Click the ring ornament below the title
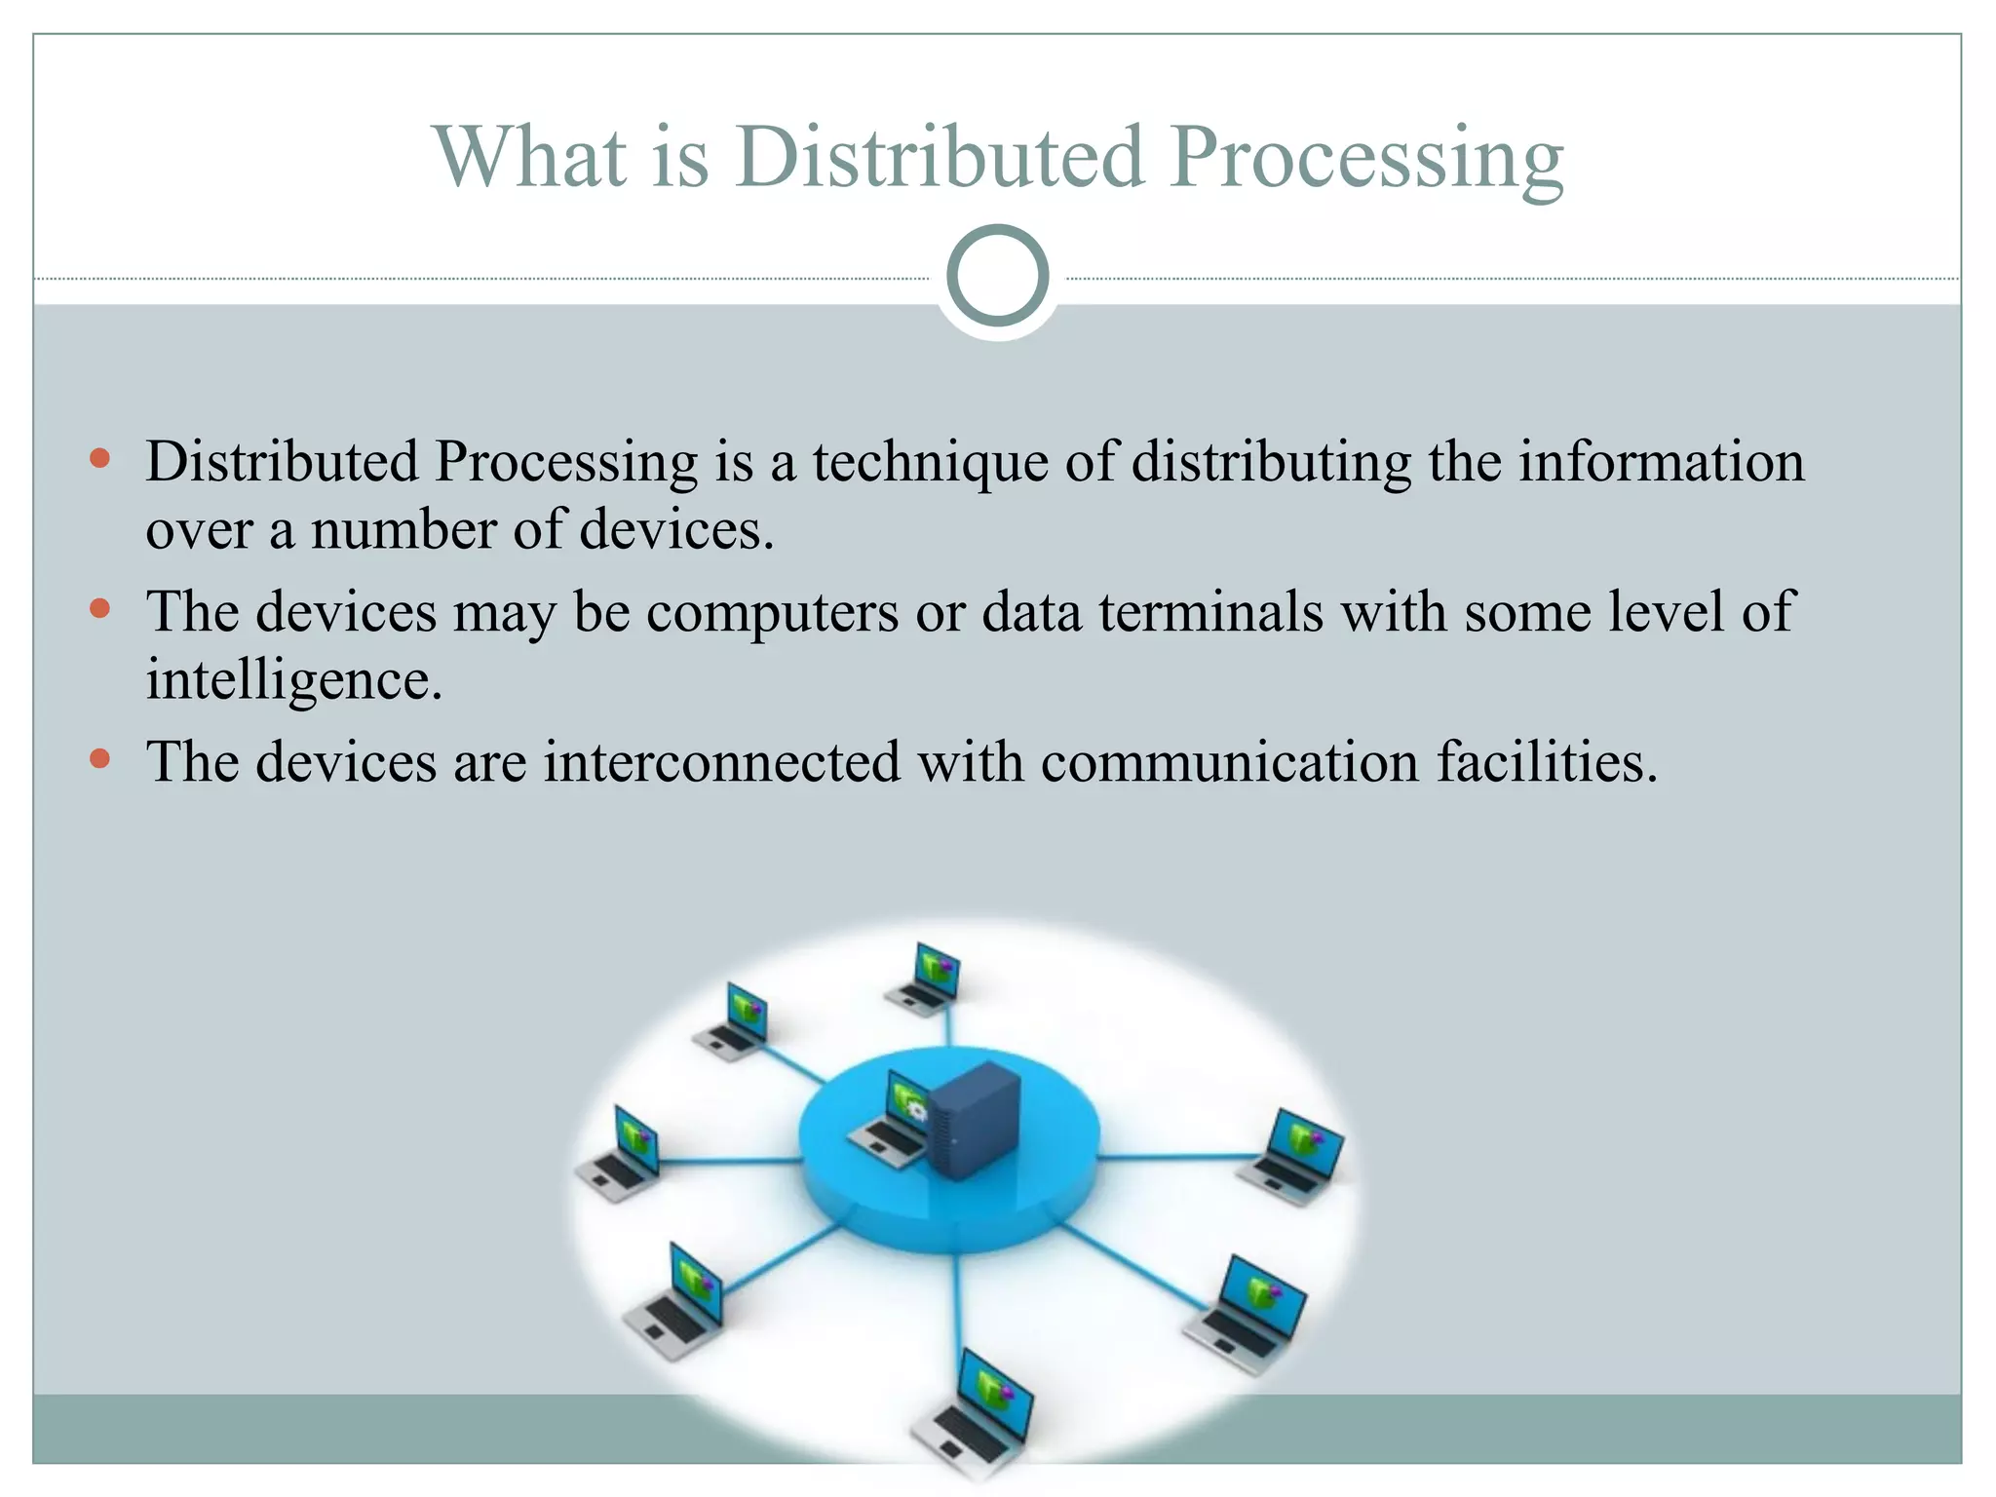coord(997,276)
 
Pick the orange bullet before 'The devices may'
coord(99,609)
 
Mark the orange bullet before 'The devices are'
coord(99,758)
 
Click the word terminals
coord(1210,611)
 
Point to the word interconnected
coord(721,761)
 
